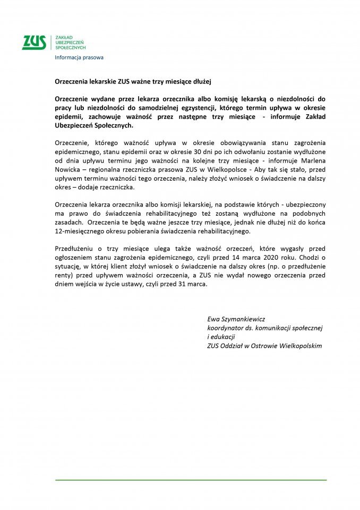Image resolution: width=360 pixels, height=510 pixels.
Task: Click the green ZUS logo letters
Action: tap(33, 42)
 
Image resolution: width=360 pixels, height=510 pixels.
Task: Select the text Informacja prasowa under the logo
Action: tap(79, 57)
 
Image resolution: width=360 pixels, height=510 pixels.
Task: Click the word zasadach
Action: tap(68, 223)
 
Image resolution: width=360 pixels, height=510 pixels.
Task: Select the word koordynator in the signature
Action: tap(226, 328)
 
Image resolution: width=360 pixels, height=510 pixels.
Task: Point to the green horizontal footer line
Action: tap(191, 480)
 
